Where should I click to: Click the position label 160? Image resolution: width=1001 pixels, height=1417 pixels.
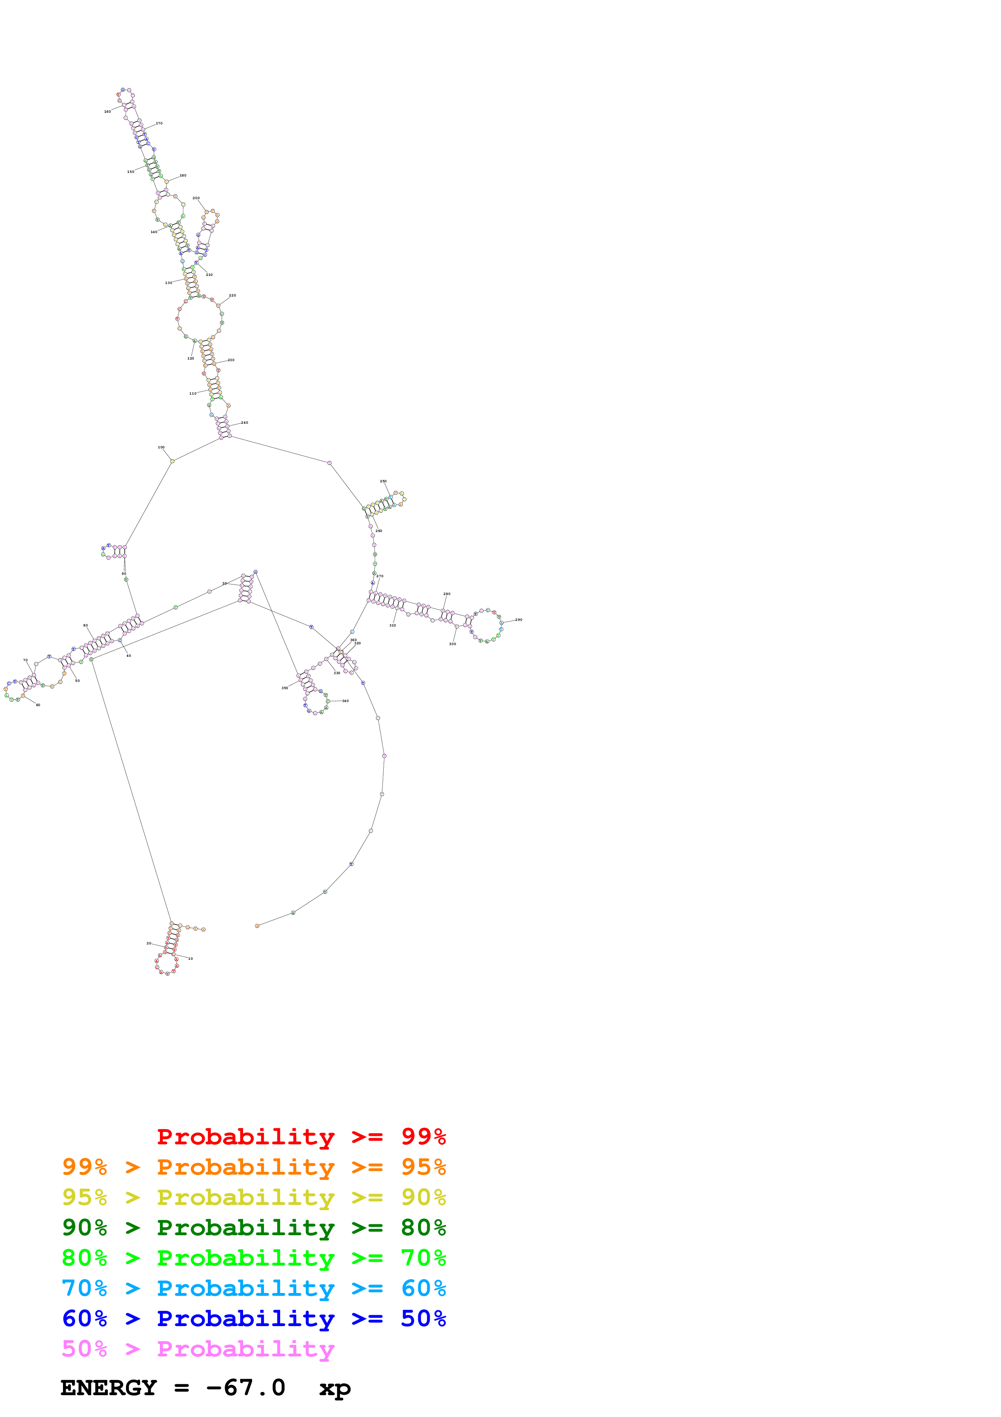point(107,112)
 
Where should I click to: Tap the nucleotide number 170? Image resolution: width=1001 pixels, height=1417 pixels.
point(159,124)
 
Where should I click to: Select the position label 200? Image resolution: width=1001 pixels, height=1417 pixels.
point(196,198)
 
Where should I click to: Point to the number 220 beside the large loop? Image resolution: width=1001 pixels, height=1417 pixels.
point(233,296)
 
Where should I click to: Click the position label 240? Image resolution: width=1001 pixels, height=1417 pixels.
point(245,423)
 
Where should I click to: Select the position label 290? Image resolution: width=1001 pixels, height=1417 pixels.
point(519,620)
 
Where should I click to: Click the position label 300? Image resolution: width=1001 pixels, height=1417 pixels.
point(453,644)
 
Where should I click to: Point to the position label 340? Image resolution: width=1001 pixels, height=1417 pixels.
point(345,701)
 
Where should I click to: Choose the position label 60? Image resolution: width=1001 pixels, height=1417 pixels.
point(38,705)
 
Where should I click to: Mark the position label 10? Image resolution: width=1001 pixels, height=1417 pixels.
point(191,959)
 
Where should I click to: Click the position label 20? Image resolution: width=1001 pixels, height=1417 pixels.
point(149,943)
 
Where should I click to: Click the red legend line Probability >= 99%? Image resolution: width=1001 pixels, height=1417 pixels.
point(301,1136)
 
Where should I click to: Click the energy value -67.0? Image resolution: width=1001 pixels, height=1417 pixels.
point(246,1388)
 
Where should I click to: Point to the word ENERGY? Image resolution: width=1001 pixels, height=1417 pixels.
point(109,1388)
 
